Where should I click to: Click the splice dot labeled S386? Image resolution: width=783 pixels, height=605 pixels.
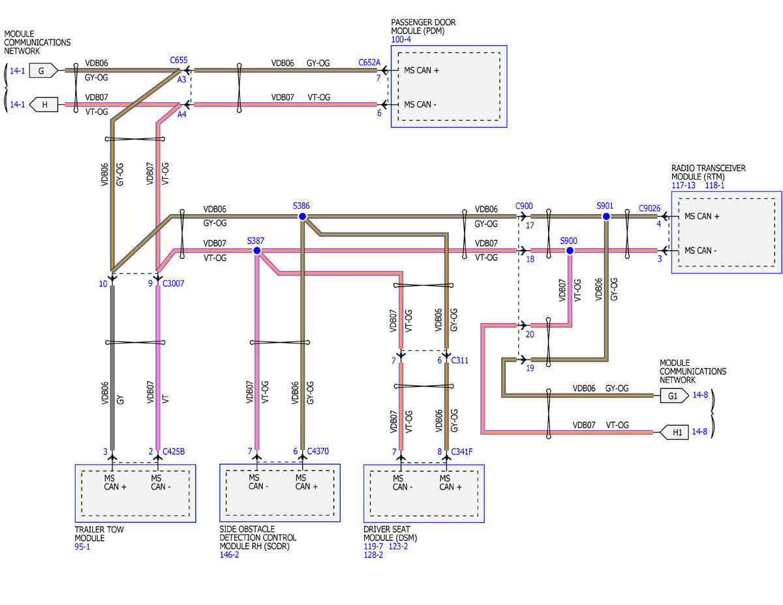click(x=302, y=216)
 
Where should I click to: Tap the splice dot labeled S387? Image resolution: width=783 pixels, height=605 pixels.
click(x=256, y=251)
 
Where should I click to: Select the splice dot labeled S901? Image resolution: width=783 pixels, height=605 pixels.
click(x=606, y=216)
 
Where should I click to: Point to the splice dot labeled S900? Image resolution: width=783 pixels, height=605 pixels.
click(x=570, y=251)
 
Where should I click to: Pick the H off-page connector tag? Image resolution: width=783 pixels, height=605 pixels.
click(x=44, y=104)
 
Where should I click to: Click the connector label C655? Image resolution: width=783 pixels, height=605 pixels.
click(x=179, y=61)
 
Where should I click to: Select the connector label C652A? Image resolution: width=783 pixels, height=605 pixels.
click(x=369, y=63)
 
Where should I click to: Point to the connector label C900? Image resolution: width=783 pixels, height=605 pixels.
click(x=524, y=206)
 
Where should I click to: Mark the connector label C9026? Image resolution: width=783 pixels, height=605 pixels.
click(x=650, y=209)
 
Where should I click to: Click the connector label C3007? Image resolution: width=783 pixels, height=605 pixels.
click(x=174, y=284)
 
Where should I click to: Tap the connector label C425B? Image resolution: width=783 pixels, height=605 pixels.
click(x=174, y=451)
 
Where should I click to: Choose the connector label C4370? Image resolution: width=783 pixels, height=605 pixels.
click(x=318, y=451)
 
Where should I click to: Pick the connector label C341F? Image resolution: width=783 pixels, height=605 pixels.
click(x=463, y=451)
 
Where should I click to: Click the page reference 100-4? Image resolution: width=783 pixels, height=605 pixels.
click(x=401, y=39)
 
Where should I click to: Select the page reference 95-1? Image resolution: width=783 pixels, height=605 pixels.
click(x=83, y=547)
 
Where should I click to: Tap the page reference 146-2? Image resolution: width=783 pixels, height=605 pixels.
click(x=230, y=555)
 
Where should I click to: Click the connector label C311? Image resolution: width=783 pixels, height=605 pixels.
click(x=460, y=360)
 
